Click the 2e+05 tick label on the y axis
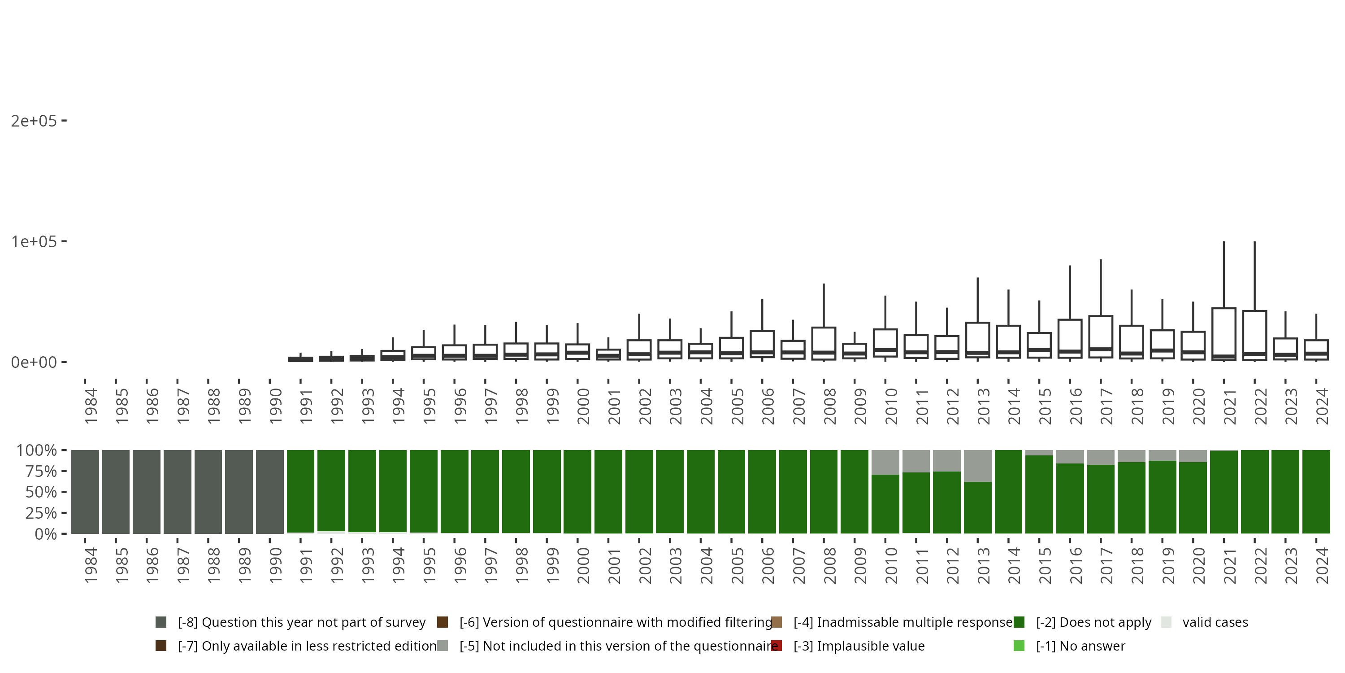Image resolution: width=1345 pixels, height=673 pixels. [x=34, y=121]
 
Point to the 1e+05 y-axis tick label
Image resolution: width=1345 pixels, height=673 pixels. [x=34, y=241]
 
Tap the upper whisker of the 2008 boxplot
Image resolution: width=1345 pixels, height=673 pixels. [x=824, y=306]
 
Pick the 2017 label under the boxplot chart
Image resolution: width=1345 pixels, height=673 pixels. [x=1106, y=406]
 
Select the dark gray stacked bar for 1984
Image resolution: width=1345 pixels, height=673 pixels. [x=85, y=492]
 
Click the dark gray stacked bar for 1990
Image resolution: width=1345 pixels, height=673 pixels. [x=270, y=492]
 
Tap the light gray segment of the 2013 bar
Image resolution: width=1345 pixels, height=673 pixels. [x=977, y=466]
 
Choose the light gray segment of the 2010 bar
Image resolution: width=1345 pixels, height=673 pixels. [x=885, y=462]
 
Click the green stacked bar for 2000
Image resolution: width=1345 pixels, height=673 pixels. [x=577, y=492]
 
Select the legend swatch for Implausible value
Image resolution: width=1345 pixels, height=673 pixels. [x=777, y=646]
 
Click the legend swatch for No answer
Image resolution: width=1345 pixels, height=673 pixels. [x=1019, y=646]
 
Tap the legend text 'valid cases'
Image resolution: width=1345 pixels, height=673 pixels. [x=1215, y=622]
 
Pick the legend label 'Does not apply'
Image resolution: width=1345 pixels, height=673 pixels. [x=1093, y=622]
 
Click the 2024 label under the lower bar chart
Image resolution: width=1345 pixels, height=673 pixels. [x=1322, y=565]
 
